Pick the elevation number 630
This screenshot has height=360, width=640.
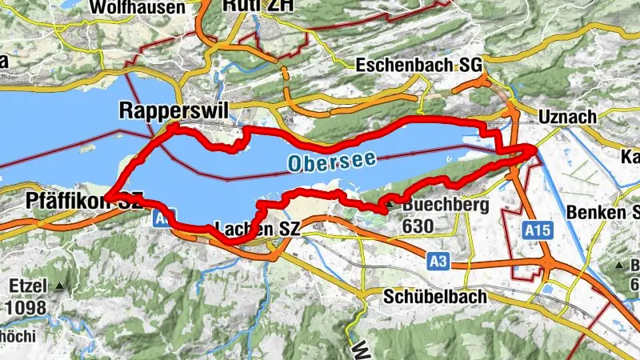point(418,226)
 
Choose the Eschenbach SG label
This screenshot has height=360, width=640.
point(417,65)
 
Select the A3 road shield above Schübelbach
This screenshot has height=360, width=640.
point(438,260)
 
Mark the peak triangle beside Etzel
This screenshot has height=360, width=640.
point(59,286)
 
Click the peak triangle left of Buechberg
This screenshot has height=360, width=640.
point(389,206)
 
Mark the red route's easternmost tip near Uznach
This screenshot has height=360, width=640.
point(535,148)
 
